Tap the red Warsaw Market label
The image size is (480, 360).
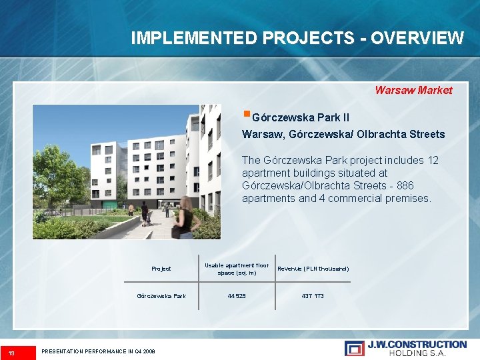[413, 90]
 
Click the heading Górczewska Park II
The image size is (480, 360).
[301, 117]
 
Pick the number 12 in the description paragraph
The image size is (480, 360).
[433, 160]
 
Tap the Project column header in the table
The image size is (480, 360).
[161, 269]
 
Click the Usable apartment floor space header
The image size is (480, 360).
[237, 269]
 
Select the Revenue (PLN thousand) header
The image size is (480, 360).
[313, 269]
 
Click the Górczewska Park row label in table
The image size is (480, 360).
[161, 295]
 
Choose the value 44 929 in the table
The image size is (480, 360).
[236, 295]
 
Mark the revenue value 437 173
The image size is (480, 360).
[313, 295]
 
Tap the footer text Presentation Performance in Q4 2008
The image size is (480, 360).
[98, 351]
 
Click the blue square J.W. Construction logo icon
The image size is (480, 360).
[354, 347]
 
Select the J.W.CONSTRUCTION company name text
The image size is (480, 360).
[417, 344]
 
